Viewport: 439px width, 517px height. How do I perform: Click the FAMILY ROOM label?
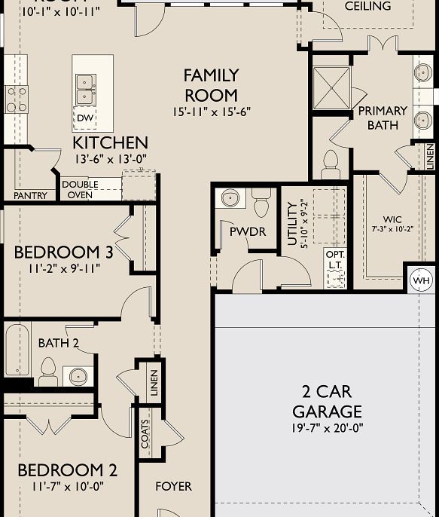point(211,85)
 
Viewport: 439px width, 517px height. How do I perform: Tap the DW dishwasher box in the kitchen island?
point(84,118)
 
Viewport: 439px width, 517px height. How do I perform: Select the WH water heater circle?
point(419,281)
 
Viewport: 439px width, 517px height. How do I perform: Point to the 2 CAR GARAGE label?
point(327,402)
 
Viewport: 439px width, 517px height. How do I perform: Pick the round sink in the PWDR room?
point(230,198)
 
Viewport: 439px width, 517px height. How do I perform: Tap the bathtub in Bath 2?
point(17,350)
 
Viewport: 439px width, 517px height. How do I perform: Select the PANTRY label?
point(30,196)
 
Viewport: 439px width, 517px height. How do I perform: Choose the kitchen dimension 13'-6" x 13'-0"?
point(110,159)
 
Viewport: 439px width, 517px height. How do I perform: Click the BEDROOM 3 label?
point(63,252)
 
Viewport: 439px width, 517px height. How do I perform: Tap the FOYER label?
point(173,487)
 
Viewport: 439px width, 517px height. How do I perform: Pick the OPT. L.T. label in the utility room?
point(334,260)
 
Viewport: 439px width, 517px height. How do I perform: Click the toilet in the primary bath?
point(331,164)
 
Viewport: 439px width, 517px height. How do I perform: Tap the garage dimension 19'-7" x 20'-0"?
point(327,428)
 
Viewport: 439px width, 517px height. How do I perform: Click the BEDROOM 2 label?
point(67,471)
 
